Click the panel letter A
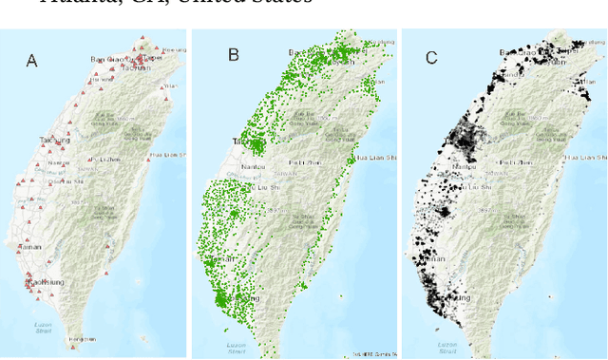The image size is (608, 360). pos(31,61)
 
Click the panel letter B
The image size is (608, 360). pos(233,55)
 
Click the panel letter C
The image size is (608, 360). pos(431,58)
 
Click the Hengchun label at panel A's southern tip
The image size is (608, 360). pos(83,338)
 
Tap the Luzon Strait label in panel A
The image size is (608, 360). pos(44,327)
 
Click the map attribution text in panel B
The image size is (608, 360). pos(374,354)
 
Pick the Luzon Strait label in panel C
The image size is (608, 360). pos(447,346)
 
